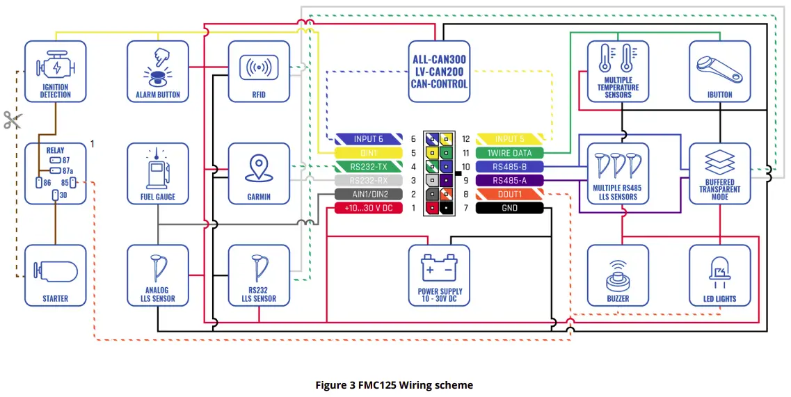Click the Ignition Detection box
[x=55, y=71]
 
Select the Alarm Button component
[x=158, y=71]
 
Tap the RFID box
[x=259, y=71]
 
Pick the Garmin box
[x=259, y=174]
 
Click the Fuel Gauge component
[x=158, y=174]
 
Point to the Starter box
[x=55, y=275]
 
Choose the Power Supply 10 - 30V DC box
[x=439, y=275]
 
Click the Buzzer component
[x=618, y=275]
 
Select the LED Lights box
[x=720, y=275]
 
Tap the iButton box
[x=720, y=71]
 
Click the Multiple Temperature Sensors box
[x=618, y=71]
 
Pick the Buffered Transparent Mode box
[x=720, y=174]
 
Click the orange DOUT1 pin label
[x=509, y=195]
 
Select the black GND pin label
[x=509, y=208]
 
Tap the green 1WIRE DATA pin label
[x=509, y=153]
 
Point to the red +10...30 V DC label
[x=369, y=208]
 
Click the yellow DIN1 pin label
[x=369, y=153]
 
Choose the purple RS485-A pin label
[x=509, y=181]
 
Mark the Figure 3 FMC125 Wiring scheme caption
[x=394, y=384]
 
